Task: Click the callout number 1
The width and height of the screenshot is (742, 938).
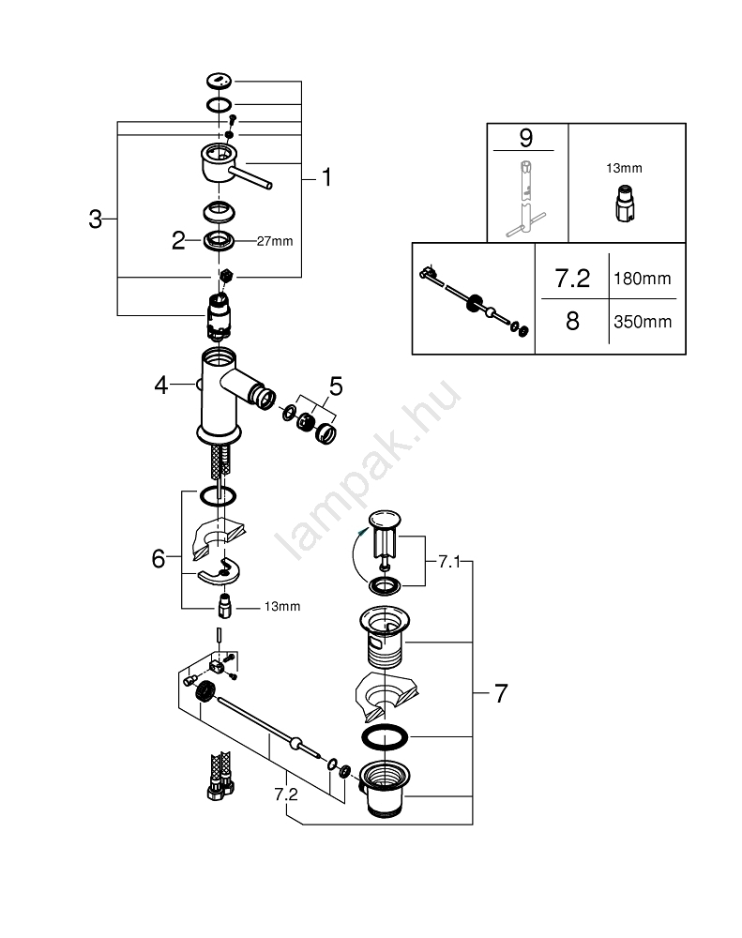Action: click(326, 176)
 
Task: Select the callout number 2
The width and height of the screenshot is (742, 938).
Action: click(179, 241)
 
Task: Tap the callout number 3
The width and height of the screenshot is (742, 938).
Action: click(95, 219)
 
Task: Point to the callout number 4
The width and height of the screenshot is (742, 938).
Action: click(161, 385)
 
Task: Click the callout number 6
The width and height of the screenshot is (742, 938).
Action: click(159, 559)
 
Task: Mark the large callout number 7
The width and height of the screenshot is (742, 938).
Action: click(500, 694)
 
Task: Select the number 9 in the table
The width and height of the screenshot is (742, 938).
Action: click(525, 139)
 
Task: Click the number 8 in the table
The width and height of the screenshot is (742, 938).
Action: click(572, 322)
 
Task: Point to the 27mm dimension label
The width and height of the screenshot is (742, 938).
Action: click(275, 241)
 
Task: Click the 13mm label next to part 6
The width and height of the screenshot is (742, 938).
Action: click(281, 607)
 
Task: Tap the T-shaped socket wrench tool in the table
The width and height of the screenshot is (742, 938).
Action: click(525, 201)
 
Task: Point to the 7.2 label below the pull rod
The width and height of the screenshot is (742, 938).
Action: click(286, 794)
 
